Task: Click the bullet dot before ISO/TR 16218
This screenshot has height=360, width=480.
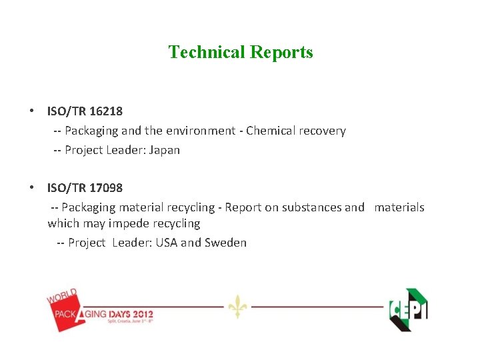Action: [x=31, y=111]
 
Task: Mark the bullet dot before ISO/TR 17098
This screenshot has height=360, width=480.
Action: [x=31, y=187]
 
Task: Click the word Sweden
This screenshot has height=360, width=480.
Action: [x=225, y=243]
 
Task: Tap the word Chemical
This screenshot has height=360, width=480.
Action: [x=271, y=131]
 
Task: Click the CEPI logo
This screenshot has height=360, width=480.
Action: [x=408, y=309]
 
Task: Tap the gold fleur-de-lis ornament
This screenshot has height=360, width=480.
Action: [x=237, y=306]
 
